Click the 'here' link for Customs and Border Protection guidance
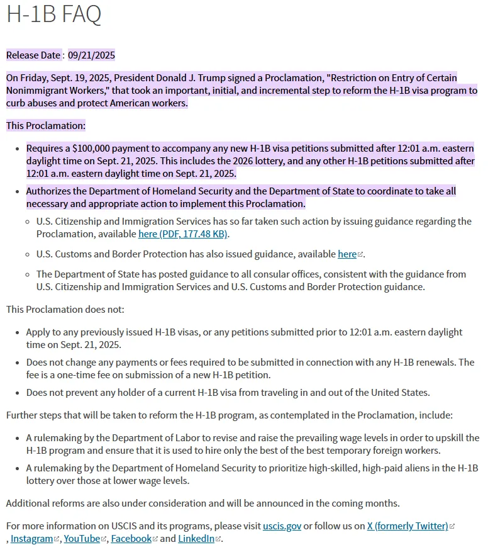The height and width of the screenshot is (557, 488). coord(347,254)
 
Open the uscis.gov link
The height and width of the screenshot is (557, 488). coord(282,526)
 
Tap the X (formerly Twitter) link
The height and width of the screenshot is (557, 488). coord(408,526)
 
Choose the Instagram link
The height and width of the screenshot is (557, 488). coord(31,539)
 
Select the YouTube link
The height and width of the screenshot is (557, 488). coord(82,539)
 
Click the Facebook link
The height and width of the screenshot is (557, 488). coord(131,539)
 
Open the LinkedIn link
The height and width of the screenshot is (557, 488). coord(196,539)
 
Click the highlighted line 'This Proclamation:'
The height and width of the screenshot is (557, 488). coord(46,126)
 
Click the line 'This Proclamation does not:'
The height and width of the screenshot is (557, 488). coord(65,310)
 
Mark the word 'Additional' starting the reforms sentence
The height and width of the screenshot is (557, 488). coord(28,504)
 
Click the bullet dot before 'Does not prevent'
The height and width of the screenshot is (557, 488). coord(16,393)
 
